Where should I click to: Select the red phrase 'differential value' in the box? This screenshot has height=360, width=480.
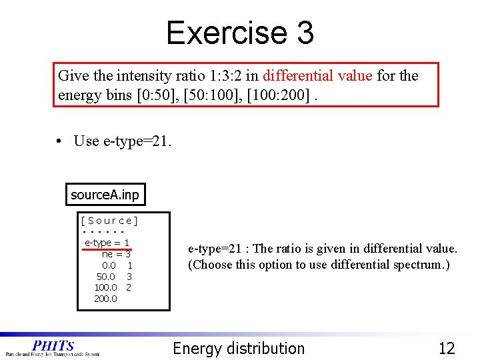pos(317,76)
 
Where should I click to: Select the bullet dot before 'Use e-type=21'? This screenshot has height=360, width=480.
pos(60,141)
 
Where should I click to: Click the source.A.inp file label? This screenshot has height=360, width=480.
pos(105,195)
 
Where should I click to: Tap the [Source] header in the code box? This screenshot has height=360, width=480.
pos(109,221)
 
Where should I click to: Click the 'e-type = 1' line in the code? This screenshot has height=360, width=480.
pos(107,243)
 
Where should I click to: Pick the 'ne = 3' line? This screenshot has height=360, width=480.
pos(116,254)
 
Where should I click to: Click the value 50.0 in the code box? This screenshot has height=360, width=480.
pos(106,276)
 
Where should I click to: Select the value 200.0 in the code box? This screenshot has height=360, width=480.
pos(105,298)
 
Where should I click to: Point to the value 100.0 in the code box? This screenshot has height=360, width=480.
pos(105,287)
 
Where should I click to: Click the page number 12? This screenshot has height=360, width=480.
pos(446,348)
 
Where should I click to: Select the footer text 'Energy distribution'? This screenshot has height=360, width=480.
pos(239,348)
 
